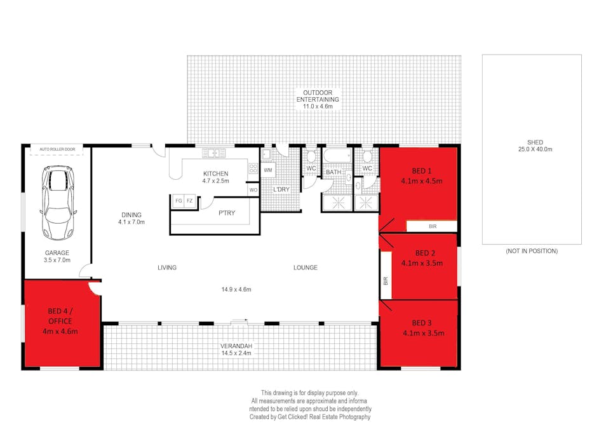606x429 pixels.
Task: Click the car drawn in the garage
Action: [57, 203]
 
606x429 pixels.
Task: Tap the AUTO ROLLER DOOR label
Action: [57, 149]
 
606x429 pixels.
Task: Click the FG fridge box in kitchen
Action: [178, 200]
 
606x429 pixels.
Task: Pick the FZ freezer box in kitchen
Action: [189, 200]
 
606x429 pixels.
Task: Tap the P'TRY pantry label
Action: [227, 213]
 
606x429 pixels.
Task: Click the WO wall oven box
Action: [253, 190]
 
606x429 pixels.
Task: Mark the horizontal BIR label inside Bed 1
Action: [432, 226]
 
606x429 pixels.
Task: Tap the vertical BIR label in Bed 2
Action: [386, 280]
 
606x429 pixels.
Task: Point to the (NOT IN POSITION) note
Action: [532, 252]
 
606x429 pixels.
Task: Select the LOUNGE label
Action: [305, 268]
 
